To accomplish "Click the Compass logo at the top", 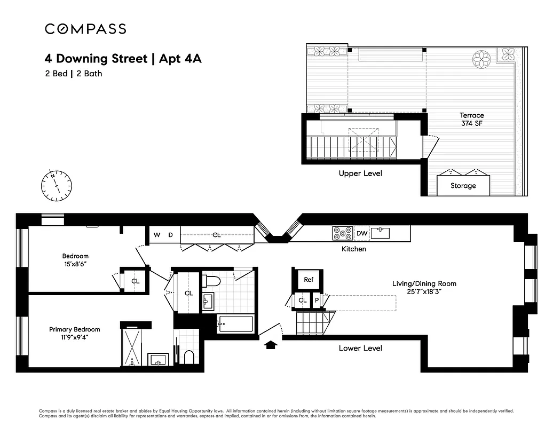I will (85, 29).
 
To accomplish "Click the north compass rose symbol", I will (56, 185).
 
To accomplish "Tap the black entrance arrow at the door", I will (271, 345).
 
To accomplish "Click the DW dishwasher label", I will (361, 233).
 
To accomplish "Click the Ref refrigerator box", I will (308, 280).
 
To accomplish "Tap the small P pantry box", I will (317, 301).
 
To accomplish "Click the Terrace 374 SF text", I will (472, 119).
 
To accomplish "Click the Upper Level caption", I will (360, 173).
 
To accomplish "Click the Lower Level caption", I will (360, 348).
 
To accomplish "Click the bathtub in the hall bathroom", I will (235, 324).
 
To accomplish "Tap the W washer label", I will (157, 235).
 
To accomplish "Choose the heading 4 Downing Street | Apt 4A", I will (123, 58).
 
